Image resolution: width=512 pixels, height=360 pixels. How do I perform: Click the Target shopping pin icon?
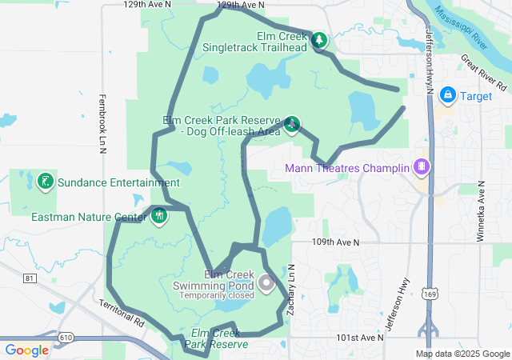pyautogui.click(x=446, y=96)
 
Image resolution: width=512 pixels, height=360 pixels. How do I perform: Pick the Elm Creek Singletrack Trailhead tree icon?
pyautogui.click(x=319, y=40)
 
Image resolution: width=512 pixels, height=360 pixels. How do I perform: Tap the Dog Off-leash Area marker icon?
pyautogui.click(x=293, y=124)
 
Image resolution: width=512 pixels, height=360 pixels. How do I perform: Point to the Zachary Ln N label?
pyautogui.click(x=291, y=289)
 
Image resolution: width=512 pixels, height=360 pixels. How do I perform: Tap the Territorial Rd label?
pyautogui.click(x=121, y=312)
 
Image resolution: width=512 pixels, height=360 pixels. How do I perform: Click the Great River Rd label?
pyautogui.click(x=485, y=73)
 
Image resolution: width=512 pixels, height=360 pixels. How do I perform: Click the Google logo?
pyautogui.click(x=27, y=350)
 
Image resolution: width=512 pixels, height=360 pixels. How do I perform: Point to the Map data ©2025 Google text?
pyautogui.click(x=462, y=354)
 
